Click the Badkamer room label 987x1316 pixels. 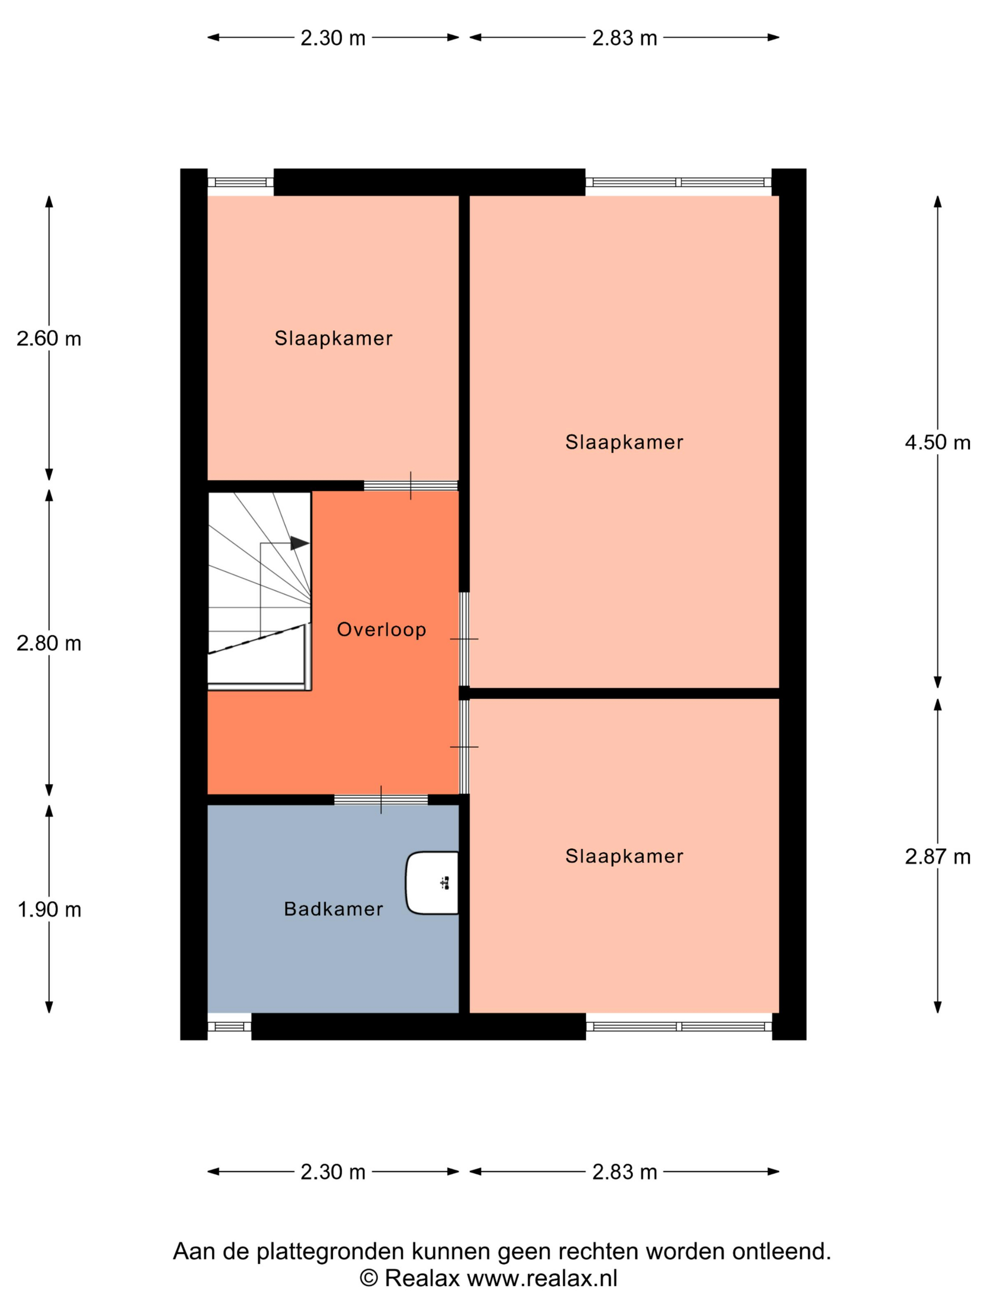click(x=333, y=909)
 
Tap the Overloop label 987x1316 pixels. click(x=381, y=629)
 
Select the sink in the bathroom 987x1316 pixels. click(x=432, y=883)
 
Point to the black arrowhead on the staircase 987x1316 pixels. click(x=300, y=543)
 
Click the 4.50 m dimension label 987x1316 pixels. click(x=938, y=442)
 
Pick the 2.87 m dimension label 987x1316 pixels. click(x=938, y=857)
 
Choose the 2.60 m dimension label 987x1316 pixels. click(x=49, y=338)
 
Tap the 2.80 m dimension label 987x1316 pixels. click(x=49, y=643)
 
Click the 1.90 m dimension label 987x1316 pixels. click(x=49, y=909)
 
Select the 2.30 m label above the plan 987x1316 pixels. click(x=333, y=38)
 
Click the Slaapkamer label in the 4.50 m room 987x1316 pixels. click(x=624, y=442)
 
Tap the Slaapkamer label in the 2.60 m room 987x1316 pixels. click(x=333, y=338)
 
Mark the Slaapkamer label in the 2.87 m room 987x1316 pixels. click(x=624, y=856)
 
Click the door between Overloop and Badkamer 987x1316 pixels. click(x=381, y=799)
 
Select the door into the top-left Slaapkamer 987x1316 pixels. click(x=410, y=486)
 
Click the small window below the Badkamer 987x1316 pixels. click(x=229, y=1026)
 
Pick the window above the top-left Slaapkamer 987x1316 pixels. click(x=240, y=182)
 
